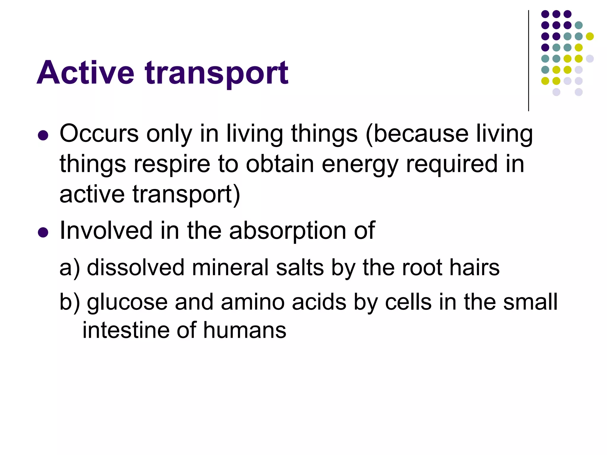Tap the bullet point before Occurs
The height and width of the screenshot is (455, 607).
point(43,135)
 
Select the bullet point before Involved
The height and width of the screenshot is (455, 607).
point(43,232)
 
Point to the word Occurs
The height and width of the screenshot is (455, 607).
point(99,134)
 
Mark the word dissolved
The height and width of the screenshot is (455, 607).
point(136,267)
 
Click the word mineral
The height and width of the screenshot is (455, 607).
point(230,267)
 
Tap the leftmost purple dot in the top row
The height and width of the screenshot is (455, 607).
point(545,14)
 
